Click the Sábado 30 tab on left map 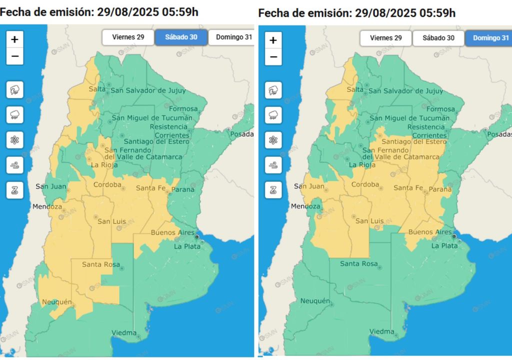tap(180, 37)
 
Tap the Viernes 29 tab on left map tap(127, 37)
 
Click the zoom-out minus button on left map tap(15, 56)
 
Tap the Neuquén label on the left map tap(57, 302)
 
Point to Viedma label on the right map tap(381, 331)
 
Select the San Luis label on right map tap(369, 221)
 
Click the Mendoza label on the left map tap(47, 206)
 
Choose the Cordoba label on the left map tap(107, 185)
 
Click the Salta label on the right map tap(355, 89)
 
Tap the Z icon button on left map tap(15, 189)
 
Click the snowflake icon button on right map tap(273, 140)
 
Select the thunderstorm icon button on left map tap(15, 90)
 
